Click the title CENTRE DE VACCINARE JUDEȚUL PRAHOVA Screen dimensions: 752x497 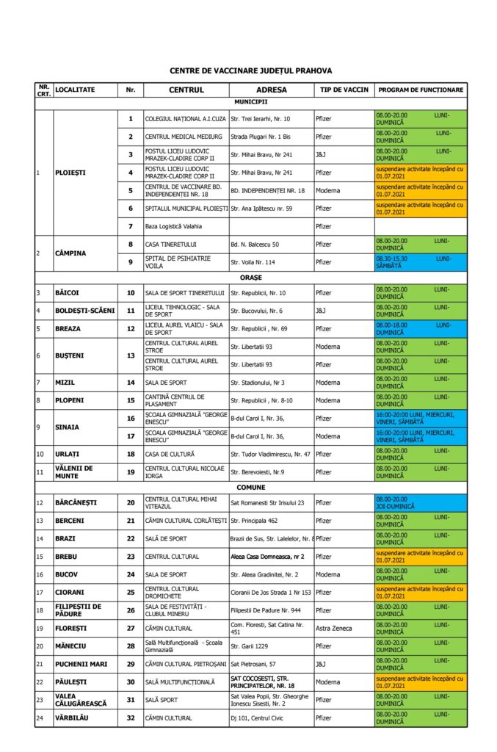[x=250, y=71]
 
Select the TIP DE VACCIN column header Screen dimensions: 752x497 [x=339, y=90]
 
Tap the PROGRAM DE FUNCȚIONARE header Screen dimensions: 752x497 [x=420, y=90]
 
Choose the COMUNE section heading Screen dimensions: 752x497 [x=250, y=487]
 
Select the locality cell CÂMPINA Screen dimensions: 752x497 [x=70, y=253]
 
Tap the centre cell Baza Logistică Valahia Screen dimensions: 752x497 [x=173, y=226]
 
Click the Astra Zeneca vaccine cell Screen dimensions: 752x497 [x=333, y=628]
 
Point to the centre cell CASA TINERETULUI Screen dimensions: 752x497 [x=170, y=244]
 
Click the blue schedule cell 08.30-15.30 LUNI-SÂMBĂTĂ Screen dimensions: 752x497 [x=420, y=261]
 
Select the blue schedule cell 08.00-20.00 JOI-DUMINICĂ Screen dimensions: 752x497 [x=420, y=503]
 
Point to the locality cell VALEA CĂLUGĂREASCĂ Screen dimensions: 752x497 [x=76, y=700]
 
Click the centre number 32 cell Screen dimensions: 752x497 [x=131, y=717]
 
